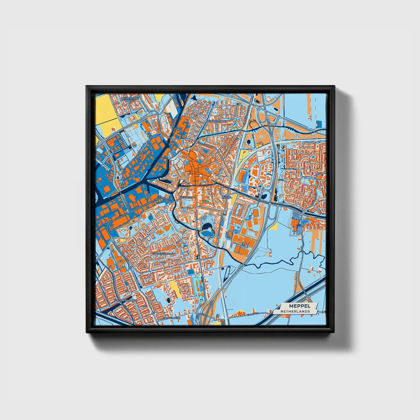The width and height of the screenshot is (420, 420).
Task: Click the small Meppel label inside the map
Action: click(227, 197)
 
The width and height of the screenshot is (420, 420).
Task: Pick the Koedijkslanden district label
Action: click(164, 254)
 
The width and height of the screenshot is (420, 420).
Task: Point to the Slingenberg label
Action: click(172, 318)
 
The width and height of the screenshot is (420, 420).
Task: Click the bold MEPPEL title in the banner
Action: click(300, 306)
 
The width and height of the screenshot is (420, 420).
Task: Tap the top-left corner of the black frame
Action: click(87, 87)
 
